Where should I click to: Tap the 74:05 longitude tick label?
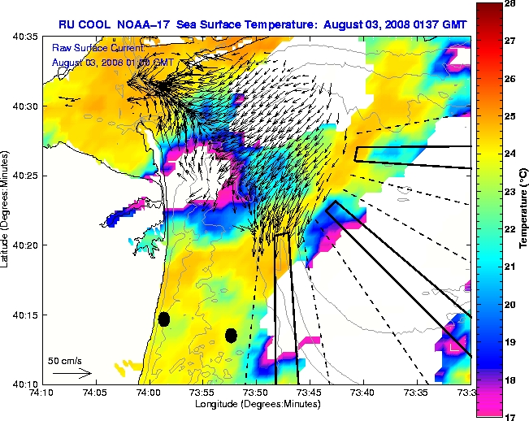[95, 392]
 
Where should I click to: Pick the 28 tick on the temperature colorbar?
[509, 5]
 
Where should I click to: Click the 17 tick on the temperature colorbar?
[509, 416]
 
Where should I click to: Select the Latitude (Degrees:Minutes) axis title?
[7, 211]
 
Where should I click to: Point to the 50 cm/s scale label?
[64, 360]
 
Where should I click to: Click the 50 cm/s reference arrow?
[71, 374]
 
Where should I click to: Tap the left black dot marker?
[164, 319]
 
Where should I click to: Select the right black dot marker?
[231, 334]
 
